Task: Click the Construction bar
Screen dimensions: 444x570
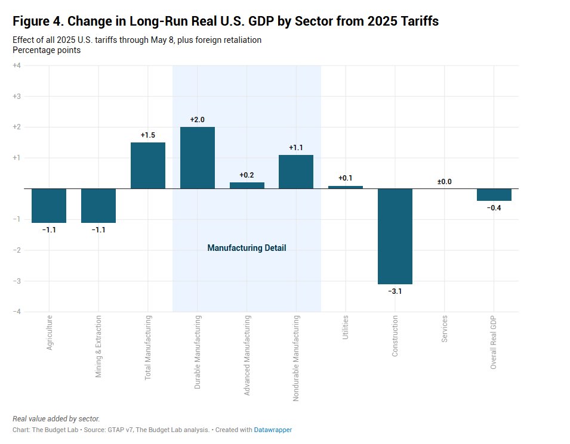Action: tap(395, 236)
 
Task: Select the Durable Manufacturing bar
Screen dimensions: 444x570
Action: tap(198, 158)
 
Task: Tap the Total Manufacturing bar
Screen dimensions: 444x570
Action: tap(148, 166)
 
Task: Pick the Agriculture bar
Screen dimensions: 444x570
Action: tap(49, 206)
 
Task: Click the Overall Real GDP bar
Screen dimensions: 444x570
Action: tap(494, 195)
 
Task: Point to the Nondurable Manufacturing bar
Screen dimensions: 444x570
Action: tap(296, 172)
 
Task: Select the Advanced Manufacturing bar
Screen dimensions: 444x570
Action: tap(247, 185)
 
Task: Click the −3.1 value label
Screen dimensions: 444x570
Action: tap(395, 291)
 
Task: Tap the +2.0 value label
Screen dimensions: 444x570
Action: tap(198, 120)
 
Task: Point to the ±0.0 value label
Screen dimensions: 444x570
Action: tap(445, 182)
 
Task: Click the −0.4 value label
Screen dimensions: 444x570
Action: tap(494, 208)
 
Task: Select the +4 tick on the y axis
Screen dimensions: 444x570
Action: tap(17, 66)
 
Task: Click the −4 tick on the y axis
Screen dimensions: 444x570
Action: tap(17, 312)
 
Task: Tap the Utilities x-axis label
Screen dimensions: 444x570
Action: tap(346, 328)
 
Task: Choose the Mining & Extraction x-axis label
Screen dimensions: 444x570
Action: tap(98, 346)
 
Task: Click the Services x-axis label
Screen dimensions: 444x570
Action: tap(445, 329)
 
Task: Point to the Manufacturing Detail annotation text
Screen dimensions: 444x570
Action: tap(247, 248)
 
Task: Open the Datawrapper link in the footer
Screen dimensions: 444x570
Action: tap(273, 430)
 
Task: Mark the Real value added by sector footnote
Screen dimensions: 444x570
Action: tap(56, 419)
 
